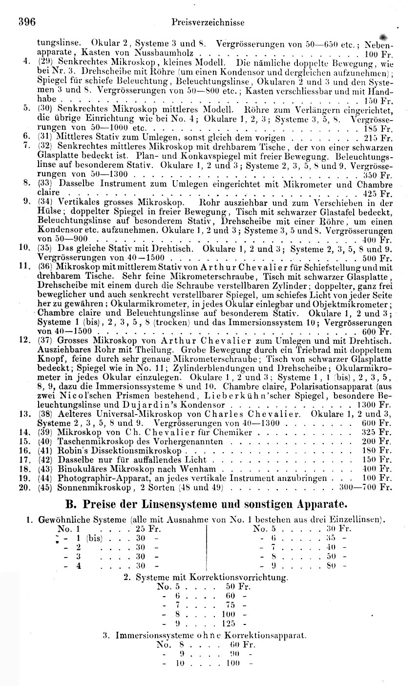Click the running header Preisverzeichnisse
coord(208,22)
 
